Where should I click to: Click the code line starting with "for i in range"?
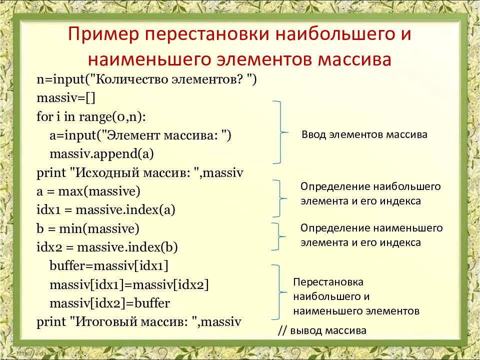tap(91, 117)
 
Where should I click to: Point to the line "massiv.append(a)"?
tap(101, 153)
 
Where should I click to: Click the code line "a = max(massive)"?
tap(88, 191)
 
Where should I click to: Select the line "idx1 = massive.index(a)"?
tap(105, 210)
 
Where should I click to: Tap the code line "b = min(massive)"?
tap(88, 229)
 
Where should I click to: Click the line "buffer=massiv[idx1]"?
tap(109, 266)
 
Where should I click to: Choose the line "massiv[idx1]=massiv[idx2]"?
tap(129, 285)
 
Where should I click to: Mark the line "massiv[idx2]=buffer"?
tap(110, 303)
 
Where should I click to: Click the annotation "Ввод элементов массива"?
tap(364, 135)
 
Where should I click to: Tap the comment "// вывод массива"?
tap(322, 330)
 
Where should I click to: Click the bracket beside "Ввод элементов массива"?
tap(279, 132)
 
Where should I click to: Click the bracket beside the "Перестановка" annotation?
tap(278, 292)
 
